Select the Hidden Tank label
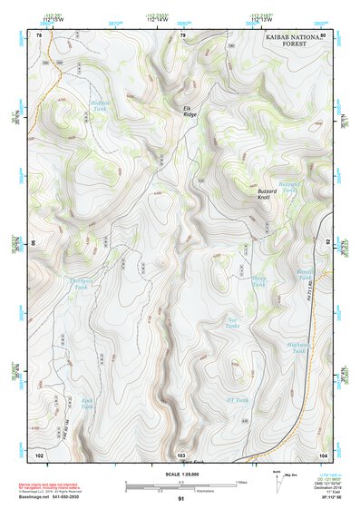tap(99, 106)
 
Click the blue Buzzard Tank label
tap(288, 188)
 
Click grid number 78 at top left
tap(39, 34)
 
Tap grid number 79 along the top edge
tap(182, 34)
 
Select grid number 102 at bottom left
tap(39, 453)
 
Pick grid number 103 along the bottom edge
tap(181, 453)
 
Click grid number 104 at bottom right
tap(323, 453)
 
